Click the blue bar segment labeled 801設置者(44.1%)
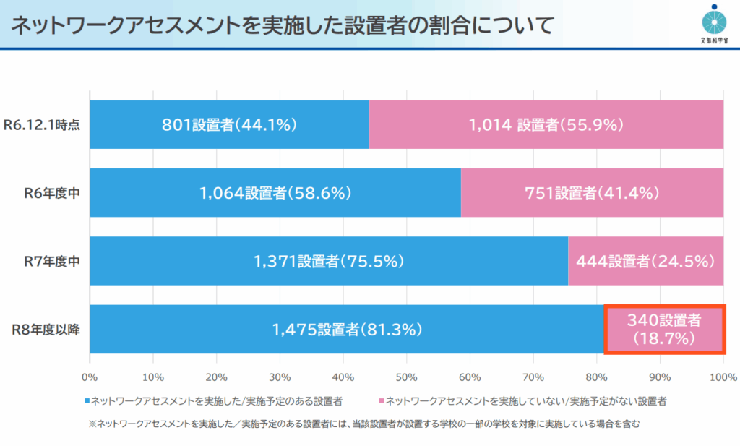[x=229, y=124]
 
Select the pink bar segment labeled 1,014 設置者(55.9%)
[x=546, y=124]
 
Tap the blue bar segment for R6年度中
[x=275, y=193]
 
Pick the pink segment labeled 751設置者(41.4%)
[x=592, y=193]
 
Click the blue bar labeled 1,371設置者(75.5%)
[x=329, y=261]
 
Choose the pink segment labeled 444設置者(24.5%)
[x=645, y=261]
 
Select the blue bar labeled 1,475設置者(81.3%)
[x=347, y=330]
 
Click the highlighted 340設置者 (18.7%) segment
[x=664, y=329]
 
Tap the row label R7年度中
[x=51, y=261]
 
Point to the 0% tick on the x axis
[x=90, y=377]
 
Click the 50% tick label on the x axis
[x=406, y=377]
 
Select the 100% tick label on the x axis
[x=722, y=377]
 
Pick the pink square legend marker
[x=381, y=400]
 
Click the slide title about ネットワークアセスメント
[x=282, y=25]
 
